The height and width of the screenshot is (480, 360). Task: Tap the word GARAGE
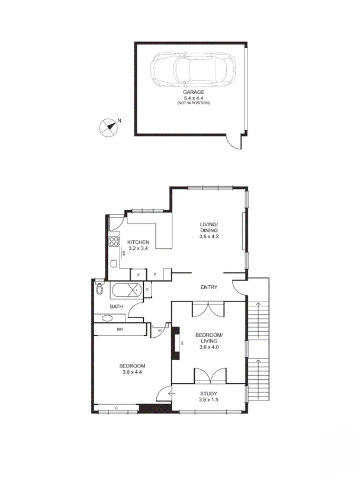(x=193, y=92)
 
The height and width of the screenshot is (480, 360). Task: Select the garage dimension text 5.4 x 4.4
(x=193, y=98)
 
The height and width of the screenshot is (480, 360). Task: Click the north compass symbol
(x=107, y=127)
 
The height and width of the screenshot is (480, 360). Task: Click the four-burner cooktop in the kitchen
(x=114, y=242)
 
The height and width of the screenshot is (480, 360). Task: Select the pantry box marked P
(x=139, y=275)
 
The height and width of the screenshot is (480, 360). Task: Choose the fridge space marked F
(x=155, y=275)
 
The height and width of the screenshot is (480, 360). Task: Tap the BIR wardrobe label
(x=119, y=329)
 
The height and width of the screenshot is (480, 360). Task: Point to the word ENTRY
(x=208, y=287)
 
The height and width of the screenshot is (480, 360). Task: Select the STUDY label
(x=208, y=393)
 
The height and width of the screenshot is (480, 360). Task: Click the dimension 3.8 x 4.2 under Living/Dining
(x=208, y=237)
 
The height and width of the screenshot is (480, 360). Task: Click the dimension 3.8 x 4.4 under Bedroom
(x=133, y=372)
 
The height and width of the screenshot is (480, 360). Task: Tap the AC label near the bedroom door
(x=159, y=331)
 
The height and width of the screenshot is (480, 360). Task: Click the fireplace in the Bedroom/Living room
(x=175, y=344)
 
